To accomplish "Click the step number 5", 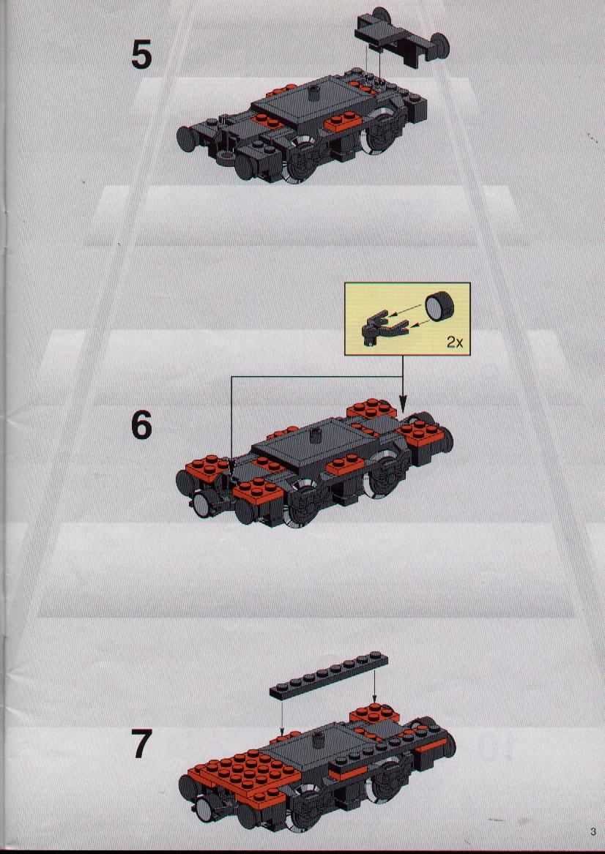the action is [x=141, y=56].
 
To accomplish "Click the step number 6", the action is [x=141, y=425].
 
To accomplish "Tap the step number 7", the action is [x=142, y=743].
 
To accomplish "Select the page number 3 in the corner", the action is [x=593, y=831].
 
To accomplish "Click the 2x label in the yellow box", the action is [x=455, y=342].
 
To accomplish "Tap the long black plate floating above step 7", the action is [x=329, y=675].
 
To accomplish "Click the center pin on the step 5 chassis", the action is [x=313, y=93].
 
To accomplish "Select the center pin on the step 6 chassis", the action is [x=314, y=436].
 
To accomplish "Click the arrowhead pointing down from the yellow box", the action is [x=403, y=405].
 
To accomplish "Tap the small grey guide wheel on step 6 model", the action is [x=201, y=504].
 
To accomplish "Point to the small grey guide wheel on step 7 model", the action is [x=205, y=809].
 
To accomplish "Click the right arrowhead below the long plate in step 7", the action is [x=374, y=698].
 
